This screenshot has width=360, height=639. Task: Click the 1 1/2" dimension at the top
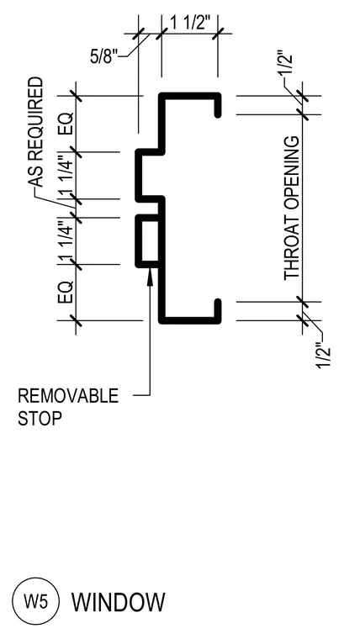pyautogui.click(x=190, y=24)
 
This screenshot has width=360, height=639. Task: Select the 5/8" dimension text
pyautogui.click(x=103, y=56)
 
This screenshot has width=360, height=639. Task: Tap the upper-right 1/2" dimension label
pyautogui.click(x=287, y=62)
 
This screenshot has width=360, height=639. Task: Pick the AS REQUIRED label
pyautogui.click(x=35, y=132)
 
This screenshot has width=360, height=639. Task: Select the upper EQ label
pyautogui.click(x=66, y=124)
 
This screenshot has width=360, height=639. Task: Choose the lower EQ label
pyautogui.click(x=66, y=292)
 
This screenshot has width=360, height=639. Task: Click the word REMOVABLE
pyautogui.click(x=68, y=396)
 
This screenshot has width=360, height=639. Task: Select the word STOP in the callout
pyautogui.click(x=40, y=419)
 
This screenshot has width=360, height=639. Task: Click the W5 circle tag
pyautogui.click(x=36, y=601)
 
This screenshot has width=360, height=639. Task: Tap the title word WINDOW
pyautogui.click(x=119, y=602)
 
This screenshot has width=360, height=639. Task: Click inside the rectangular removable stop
pyautogui.click(x=150, y=241)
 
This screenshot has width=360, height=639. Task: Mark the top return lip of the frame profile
pyautogui.click(x=218, y=106)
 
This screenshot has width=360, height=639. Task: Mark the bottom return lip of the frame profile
pyautogui.click(x=218, y=311)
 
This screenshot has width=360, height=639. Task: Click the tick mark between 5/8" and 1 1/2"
pyautogui.click(x=161, y=34)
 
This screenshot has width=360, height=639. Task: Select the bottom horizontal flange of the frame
pyautogui.click(x=190, y=320)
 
